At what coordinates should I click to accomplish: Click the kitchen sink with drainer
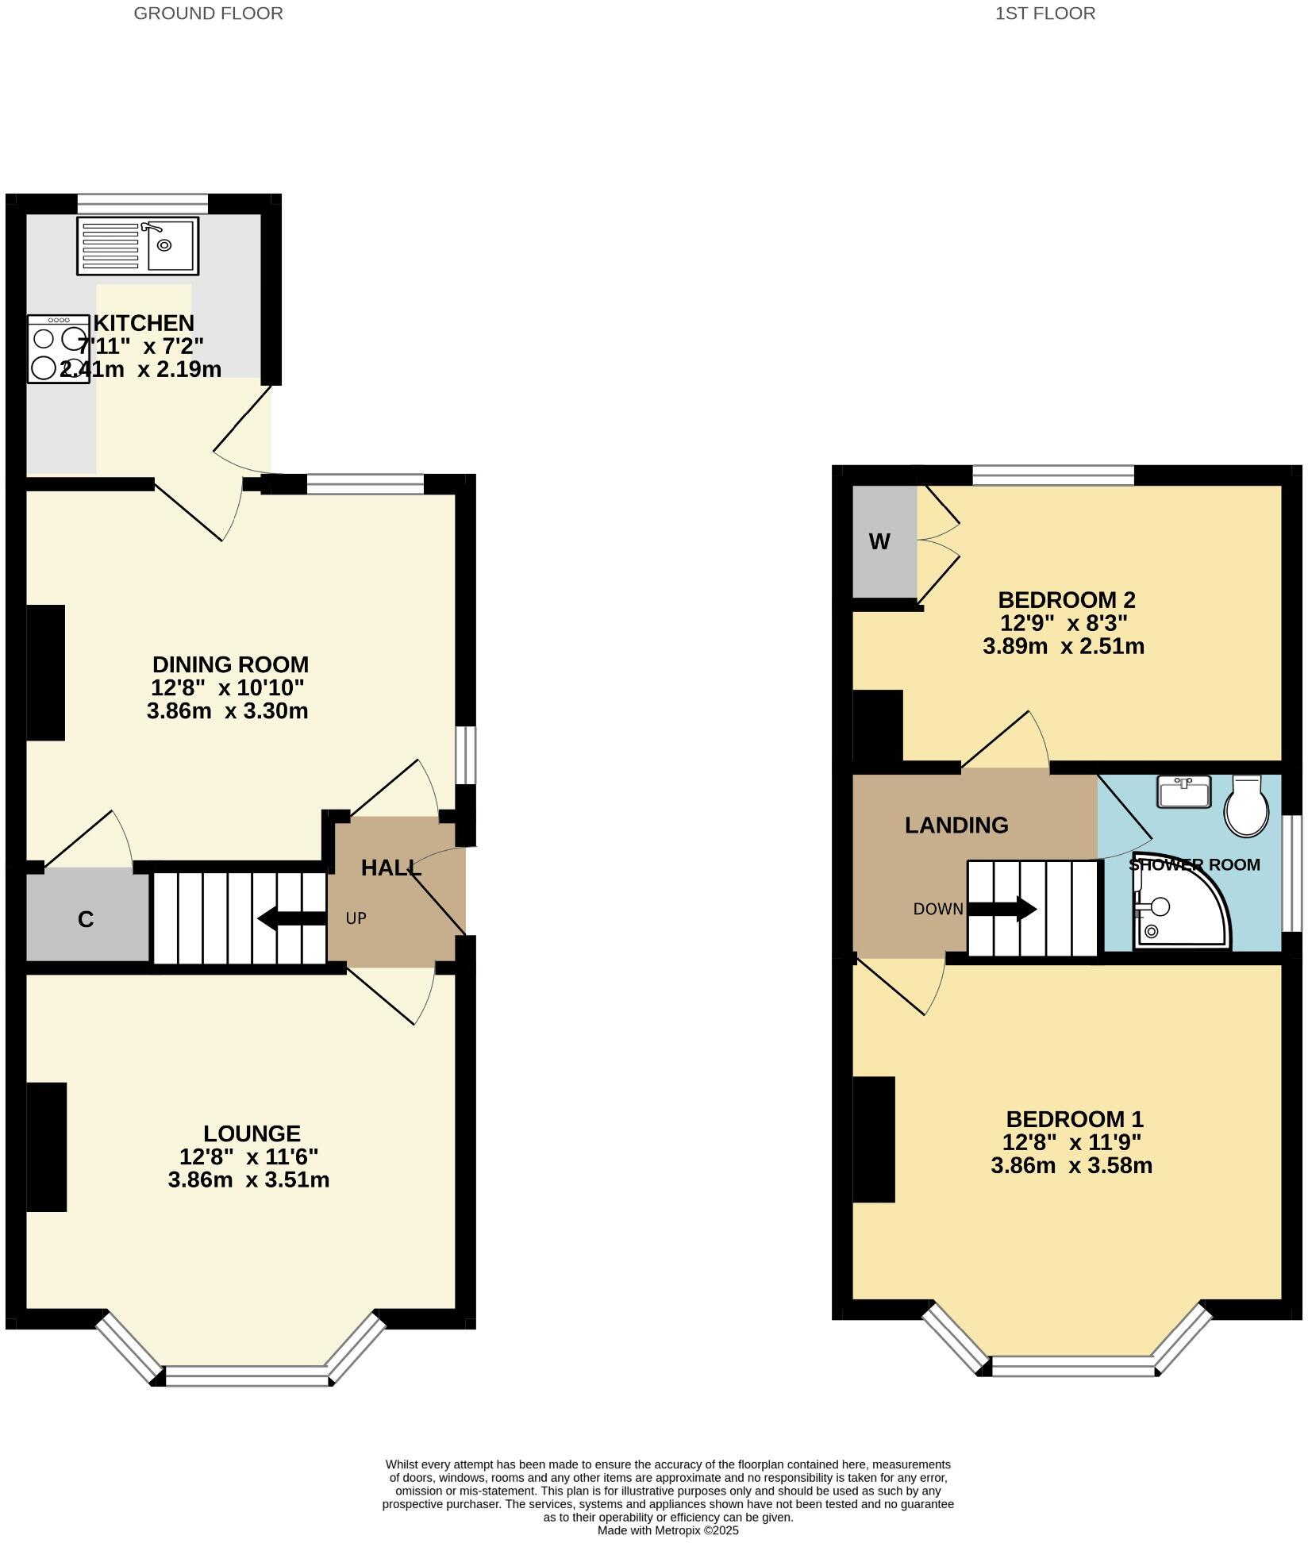137,246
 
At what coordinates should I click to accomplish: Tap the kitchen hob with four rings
58,349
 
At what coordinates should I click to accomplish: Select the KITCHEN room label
144,323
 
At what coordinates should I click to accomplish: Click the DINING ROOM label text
230,664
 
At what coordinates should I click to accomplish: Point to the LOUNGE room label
252,1133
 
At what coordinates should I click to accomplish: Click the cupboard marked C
87,919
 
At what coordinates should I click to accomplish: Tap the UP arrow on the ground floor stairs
292,919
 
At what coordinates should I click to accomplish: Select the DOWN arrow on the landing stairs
1002,909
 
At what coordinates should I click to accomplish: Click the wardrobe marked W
880,541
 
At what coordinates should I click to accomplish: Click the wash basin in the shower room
1183,791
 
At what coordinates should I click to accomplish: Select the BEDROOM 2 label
1066,599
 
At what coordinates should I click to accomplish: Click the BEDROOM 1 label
1074,1119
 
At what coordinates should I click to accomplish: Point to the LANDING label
956,825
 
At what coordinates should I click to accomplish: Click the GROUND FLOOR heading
208,13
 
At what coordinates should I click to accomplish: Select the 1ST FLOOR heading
1044,13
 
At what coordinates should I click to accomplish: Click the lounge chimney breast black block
46,1147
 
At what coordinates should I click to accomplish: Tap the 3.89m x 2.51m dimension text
1063,646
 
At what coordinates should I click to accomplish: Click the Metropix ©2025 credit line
667,1530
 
